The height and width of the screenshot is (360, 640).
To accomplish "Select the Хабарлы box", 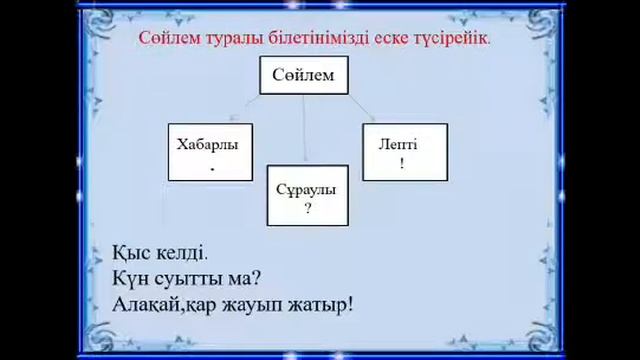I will click(209, 152).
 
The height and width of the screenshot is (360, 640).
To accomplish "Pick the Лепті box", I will click(403, 152).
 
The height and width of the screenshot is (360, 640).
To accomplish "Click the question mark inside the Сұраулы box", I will click(307, 209).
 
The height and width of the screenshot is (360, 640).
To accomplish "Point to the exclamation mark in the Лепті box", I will click(402, 164).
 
